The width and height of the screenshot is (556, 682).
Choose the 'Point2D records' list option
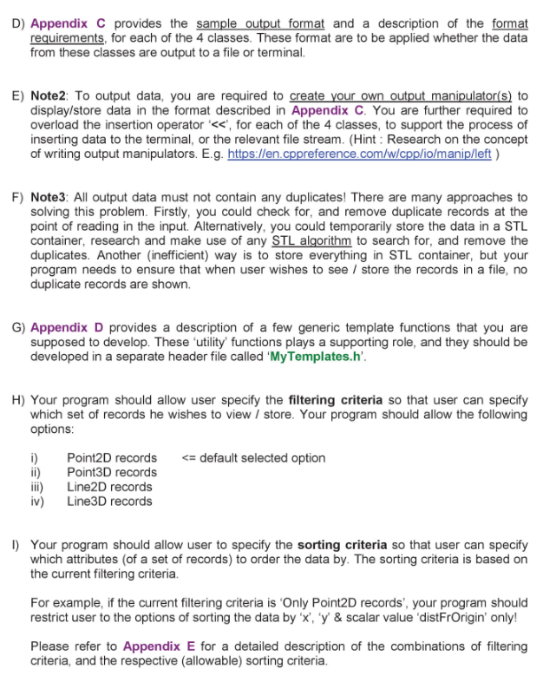pos(111,457)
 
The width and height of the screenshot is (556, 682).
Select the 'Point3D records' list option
pos(111,472)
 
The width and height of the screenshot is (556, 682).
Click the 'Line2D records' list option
pos(108,487)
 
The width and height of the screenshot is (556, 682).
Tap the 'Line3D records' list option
pos(108,501)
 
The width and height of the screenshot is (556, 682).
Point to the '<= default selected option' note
pos(254,457)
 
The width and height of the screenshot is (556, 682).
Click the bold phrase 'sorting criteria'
pos(342,544)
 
